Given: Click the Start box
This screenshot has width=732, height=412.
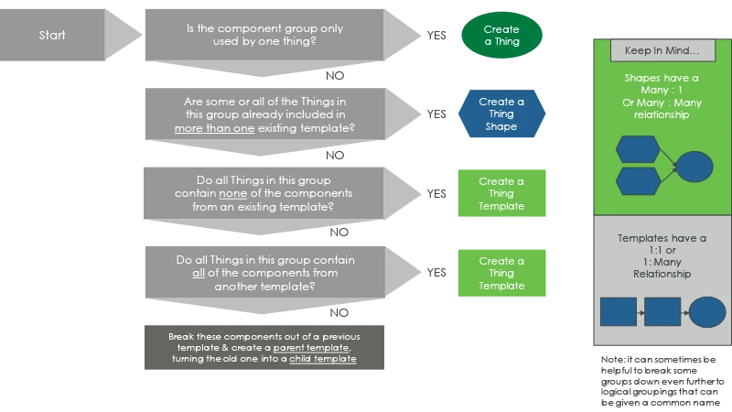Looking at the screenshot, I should click(x=52, y=36).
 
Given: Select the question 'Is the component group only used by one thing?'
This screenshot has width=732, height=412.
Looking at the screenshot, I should click(x=264, y=35).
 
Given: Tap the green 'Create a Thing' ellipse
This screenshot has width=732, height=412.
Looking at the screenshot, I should click(x=501, y=36).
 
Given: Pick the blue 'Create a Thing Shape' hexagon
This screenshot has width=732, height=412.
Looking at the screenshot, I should click(x=501, y=114).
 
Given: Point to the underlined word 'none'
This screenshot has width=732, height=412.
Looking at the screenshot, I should click(x=233, y=194).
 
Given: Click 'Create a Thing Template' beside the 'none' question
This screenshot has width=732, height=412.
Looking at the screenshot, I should click(x=501, y=194).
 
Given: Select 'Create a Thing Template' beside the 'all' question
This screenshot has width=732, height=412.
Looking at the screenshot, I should click(x=501, y=273).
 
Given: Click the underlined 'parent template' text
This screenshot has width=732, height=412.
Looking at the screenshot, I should click(x=311, y=348).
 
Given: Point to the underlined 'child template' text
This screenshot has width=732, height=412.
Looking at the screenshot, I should click(x=323, y=360).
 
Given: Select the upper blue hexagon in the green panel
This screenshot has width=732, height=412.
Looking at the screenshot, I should click(x=638, y=149).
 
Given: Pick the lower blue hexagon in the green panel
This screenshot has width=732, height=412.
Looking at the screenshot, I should click(x=638, y=179).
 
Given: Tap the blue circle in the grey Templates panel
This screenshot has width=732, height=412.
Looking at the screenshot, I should click(x=707, y=312).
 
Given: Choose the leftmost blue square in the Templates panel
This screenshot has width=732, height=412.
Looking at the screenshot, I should click(x=618, y=312).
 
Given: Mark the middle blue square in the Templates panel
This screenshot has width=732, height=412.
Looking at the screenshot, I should click(x=662, y=312).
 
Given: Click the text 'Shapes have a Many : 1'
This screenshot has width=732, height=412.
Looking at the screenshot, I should click(x=662, y=84).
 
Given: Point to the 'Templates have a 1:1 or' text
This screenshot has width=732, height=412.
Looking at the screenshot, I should click(x=662, y=244).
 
